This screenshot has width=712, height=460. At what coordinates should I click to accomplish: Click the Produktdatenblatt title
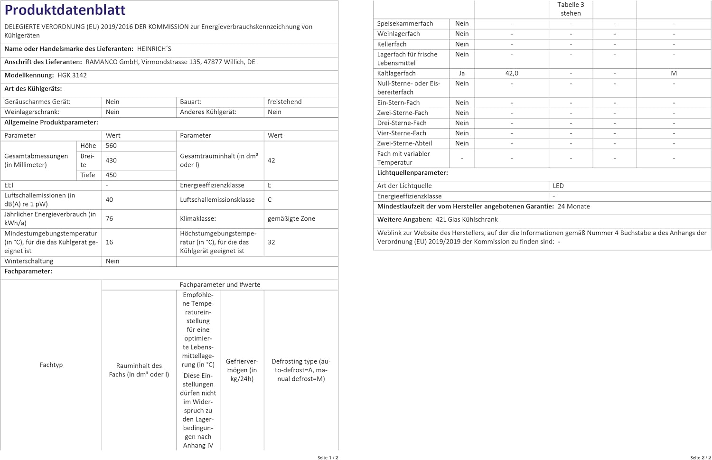65,10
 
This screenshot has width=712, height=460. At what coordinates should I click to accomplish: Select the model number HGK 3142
72,75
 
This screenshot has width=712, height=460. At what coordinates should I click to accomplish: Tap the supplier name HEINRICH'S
154,48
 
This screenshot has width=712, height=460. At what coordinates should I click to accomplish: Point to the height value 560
111,146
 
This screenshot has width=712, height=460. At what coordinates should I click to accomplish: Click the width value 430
111,160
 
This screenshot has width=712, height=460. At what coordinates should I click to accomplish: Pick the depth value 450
111,175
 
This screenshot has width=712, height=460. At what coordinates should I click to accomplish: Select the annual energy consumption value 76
109,218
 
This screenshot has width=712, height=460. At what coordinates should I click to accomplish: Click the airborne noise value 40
109,199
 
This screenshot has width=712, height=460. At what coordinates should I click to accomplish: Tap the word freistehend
284,102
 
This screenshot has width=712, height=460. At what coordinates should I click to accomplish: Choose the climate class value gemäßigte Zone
291,218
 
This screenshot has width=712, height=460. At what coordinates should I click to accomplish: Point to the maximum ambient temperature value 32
271,242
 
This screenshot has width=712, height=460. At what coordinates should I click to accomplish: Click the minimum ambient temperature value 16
109,242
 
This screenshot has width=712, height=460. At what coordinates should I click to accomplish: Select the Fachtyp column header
51,365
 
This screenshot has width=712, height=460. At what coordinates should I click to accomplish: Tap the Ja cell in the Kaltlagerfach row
461,73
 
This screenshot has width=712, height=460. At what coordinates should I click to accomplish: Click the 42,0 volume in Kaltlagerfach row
512,73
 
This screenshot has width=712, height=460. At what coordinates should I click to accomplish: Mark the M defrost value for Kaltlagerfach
674,73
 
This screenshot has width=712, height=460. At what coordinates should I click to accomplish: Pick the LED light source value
558,186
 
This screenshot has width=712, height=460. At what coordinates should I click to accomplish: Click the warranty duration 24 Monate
573,207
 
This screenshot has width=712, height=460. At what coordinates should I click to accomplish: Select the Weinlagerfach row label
398,34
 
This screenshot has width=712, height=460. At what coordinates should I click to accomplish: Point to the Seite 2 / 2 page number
701,457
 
